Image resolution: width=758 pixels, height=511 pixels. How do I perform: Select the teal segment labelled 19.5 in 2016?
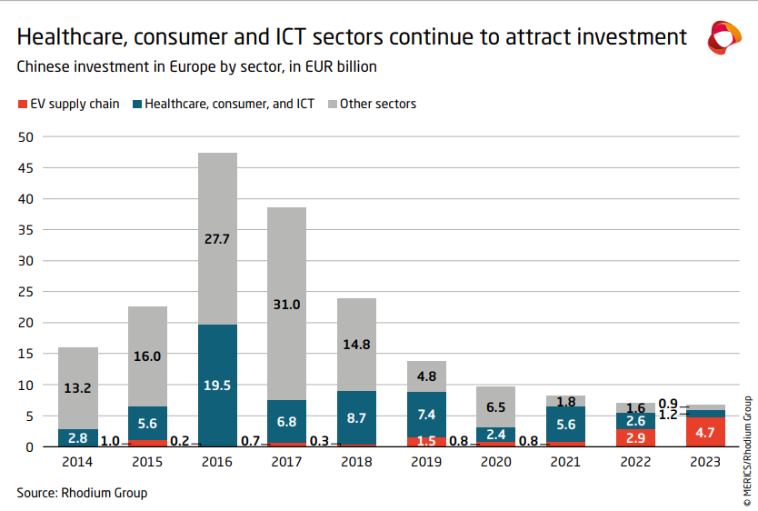pos(216,385)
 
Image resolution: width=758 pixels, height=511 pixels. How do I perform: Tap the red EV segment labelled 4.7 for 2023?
pos(706,432)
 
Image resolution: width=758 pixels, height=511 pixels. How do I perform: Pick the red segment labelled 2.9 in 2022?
pos(636,437)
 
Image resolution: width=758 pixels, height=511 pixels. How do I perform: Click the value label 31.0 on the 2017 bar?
pos(286,305)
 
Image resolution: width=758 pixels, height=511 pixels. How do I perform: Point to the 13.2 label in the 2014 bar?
pos(77,388)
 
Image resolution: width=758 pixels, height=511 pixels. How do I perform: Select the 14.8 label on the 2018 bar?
pos(356,344)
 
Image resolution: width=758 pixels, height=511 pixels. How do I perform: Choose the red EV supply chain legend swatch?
pos(22,105)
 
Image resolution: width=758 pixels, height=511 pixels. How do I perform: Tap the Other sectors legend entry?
pos(378,104)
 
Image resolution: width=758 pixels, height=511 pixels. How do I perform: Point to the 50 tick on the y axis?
pos(25,137)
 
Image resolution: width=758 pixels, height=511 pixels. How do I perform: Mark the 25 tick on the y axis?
pos(25,292)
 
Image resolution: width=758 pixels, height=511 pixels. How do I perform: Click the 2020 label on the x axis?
pos(496,462)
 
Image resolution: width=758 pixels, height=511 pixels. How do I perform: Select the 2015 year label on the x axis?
pos(147,462)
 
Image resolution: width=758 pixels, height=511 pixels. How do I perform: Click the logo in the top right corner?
pos(724,37)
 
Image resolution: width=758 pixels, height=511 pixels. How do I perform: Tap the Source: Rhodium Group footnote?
pos(82,493)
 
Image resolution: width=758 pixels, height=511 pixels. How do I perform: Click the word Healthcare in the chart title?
pos(71,37)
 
